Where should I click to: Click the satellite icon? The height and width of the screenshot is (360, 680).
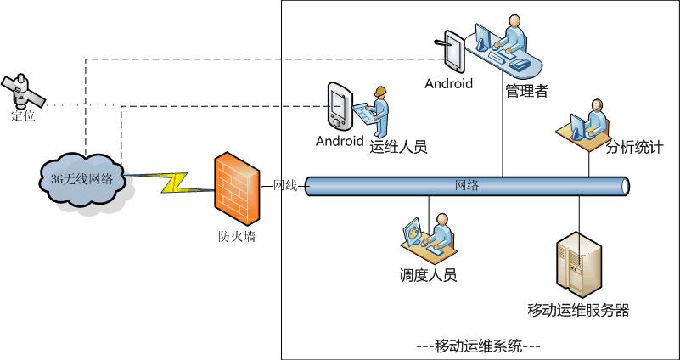click(23, 92)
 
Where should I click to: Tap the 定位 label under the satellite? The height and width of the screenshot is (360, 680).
click(23, 115)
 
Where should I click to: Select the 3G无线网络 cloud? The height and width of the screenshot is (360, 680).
click(82, 180)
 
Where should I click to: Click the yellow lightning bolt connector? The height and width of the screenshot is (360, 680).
click(174, 183)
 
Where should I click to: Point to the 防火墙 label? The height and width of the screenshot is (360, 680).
click(236, 236)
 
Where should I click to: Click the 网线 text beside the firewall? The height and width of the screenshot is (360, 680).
click(285, 186)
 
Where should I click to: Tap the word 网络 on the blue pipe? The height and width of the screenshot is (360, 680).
click(467, 186)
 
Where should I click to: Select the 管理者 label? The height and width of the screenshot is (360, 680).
click(527, 91)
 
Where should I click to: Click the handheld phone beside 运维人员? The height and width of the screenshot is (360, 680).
click(340, 105)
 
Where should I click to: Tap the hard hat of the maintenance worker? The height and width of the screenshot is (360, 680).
click(380, 92)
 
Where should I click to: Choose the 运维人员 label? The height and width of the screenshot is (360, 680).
click(398, 147)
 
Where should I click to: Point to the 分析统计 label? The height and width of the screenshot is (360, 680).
click(634, 148)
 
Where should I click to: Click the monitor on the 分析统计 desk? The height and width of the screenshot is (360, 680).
click(577, 127)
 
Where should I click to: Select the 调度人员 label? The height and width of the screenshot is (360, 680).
click(428, 275)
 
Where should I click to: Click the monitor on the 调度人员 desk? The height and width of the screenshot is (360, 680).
click(412, 232)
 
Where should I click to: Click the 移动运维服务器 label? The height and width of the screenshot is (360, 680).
click(578, 310)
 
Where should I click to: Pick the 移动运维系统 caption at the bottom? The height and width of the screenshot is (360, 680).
click(478, 347)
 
